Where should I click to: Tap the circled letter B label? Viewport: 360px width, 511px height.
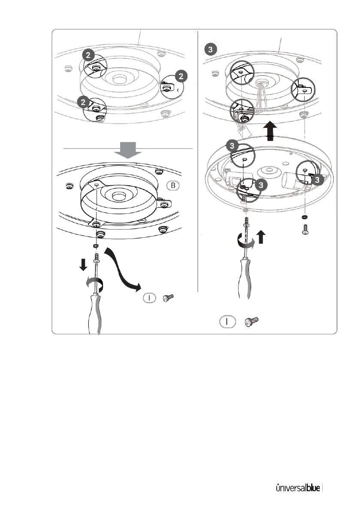pos(174,186)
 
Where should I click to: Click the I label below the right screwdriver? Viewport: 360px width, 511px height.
pos(227,321)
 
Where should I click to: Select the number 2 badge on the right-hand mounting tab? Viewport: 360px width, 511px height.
pos(182,76)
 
